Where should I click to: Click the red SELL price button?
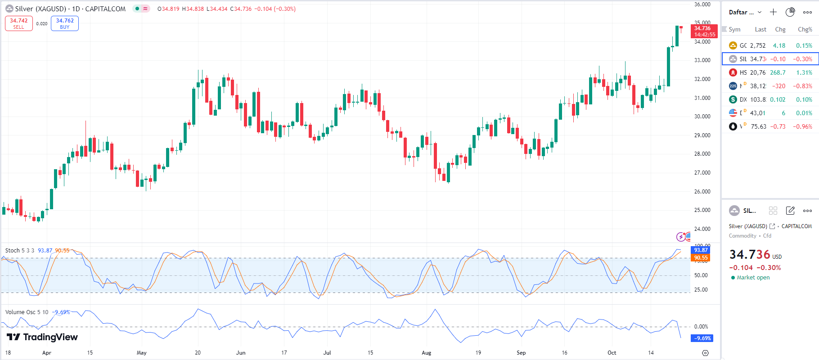pos(19,23)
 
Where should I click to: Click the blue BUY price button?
pos(65,23)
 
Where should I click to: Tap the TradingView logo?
pos(42,337)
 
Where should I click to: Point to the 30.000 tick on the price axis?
pos(702,117)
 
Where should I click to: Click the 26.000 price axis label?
pos(702,192)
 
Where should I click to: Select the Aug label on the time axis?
pos(426,353)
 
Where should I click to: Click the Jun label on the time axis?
pos(241,353)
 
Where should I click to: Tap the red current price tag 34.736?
pos(704,31)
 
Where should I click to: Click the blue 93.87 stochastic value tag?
pos(701,250)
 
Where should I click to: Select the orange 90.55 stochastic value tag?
pos(701,258)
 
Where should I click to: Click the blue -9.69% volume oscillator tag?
pos(702,338)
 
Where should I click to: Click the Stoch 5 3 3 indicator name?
pos(19,251)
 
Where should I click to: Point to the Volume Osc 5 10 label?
pos(27,312)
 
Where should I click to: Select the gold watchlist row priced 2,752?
pos(769,45)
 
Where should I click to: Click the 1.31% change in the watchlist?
pos(804,72)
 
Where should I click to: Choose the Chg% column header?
pos(805,30)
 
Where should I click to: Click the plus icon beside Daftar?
pos(773,12)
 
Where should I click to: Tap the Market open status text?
pos(753,278)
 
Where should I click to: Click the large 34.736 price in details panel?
pos(750,255)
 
